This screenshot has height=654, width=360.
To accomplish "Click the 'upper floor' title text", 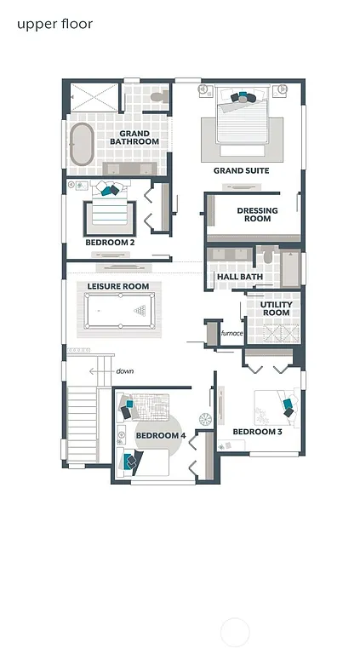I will click(x=54, y=24).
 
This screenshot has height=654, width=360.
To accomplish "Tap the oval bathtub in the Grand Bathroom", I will click(x=82, y=146).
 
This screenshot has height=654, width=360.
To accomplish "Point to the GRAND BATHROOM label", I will click(x=134, y=138).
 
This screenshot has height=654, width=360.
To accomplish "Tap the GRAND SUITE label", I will click(x=241, y=171).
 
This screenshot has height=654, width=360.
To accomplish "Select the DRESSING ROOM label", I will click(x=254, y=215).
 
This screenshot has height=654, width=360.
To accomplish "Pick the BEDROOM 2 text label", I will click(x=110, y=243).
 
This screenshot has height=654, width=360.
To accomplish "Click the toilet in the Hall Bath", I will click(x=266, y=256).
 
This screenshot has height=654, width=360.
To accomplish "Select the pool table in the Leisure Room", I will click(x=119, y=311).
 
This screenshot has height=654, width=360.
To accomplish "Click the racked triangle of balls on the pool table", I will click(x=139, y=311).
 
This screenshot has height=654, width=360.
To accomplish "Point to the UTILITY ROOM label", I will click(x=276, y=308).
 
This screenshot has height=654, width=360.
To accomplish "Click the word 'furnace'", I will click(x=232, y=334).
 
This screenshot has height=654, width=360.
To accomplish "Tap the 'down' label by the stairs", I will click(x=125, y=371).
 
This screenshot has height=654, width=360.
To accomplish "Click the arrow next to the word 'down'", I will click(x=107, y=371).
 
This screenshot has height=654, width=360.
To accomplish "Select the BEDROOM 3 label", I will click(x=257, y=432).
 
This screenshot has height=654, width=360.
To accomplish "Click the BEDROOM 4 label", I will click(x=160, y=436).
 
